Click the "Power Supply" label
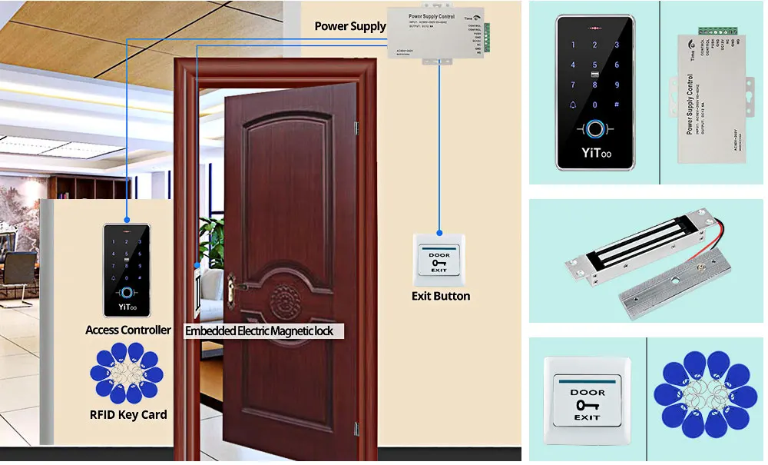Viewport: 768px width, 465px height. pyautogui.click(x=350, y=26)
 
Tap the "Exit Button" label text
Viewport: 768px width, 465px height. pyautogui.click(x=440, y=296)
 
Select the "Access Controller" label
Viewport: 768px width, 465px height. pyautogui.click(x=128, y=330)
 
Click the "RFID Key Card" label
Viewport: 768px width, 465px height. pyautogui.click(x=128, y=415)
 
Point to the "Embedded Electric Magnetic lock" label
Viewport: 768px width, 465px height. pyautogui.click(x=264, y=331)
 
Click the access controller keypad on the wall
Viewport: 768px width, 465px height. pyautogui.click(x=127, y=270)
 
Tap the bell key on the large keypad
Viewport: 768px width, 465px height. pyautogui.click(x=573, y=105)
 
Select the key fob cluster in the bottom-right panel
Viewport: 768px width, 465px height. pyautogui.click(x=707, y=400)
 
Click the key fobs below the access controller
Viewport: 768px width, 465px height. pyautogui.click(x=127, y=374)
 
